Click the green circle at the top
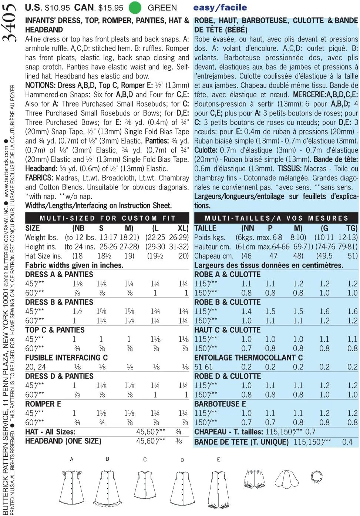point(135,7)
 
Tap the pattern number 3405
point(10,22)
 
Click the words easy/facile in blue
point(220,7)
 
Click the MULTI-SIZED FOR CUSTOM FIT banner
point(107,218)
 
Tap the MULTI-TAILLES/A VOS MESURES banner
point(276,218)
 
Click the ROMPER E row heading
point(43,404)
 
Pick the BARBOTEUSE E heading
point(220,404)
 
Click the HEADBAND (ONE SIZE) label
point(63,441)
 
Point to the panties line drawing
point(255,478)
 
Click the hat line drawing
point(287,479)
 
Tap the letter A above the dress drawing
point(72,459)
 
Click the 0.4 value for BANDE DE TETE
point(347,442)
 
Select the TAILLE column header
point(205,228)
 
